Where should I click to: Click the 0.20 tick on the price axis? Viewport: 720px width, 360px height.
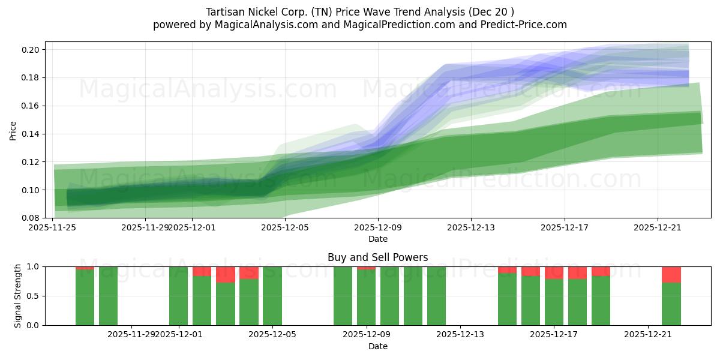[31, 50]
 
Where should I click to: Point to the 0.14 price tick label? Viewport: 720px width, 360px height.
[31, 134]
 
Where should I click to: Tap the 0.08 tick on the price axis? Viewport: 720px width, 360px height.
[31, 218]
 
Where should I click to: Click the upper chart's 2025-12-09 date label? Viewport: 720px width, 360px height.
[377, 227]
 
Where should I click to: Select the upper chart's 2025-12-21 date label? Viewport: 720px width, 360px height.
[658, 227]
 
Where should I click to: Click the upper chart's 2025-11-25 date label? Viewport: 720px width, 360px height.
[53, 227]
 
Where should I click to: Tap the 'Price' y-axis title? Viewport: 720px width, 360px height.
[13, 130]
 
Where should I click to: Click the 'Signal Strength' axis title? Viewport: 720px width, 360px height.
[18, 296]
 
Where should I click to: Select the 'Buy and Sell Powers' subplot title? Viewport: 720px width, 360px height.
[377, 257]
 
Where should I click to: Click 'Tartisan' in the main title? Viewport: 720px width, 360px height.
[225, 12]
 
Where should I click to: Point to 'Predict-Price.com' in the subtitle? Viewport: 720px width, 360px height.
[520, 25]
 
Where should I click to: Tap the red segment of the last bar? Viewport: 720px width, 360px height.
[671, 274]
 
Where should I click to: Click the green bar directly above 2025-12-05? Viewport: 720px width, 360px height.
[272, 296]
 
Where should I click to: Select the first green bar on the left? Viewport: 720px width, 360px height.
[85, 298]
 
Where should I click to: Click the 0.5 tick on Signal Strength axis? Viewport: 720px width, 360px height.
[34, 296]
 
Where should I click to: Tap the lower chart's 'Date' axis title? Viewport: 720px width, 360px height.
[377, 346]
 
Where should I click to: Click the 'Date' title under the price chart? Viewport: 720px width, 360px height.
[377, 239]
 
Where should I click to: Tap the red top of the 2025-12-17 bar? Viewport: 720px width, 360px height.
[554, 273]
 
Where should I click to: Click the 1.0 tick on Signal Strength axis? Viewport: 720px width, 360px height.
[34, 266]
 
